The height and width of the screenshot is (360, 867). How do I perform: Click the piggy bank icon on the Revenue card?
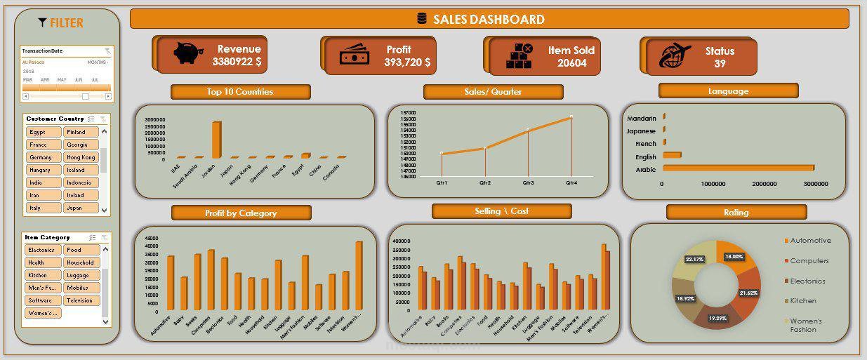[187, 53]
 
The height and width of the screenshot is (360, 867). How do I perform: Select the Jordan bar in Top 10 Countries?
[216, 140]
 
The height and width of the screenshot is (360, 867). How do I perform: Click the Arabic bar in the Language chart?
[738, 168]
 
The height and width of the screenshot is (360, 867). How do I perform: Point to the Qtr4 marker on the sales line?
[571, 116]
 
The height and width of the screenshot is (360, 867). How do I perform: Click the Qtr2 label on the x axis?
[485, 182]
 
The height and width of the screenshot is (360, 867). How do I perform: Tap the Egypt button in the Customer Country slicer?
[44, 132]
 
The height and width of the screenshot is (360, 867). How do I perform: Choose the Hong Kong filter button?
[81, 157]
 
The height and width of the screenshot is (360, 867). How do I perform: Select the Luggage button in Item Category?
[81, 275]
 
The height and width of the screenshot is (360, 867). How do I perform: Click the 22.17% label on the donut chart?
[694, 260]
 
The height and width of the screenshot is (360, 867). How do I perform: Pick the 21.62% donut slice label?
[748, 293]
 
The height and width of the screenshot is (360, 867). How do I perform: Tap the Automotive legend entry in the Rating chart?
[809, 241]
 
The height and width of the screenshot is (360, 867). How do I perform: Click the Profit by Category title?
[241, 213]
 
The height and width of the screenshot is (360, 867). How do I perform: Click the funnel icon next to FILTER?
[42, 22]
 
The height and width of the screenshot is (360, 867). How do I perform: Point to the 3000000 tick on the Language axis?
[814, 184]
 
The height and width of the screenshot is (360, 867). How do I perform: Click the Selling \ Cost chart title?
[501, 211]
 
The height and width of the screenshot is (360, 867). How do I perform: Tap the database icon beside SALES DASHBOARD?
[422, 19]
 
